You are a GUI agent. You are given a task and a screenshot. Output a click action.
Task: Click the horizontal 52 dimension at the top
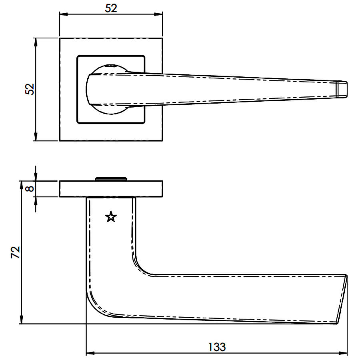click(111, 8)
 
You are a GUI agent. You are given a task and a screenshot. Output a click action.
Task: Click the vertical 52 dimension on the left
click(30, 89)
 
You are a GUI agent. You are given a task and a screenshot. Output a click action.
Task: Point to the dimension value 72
click(16, 252)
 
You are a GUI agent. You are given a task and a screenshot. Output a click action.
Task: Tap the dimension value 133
click(217, 347)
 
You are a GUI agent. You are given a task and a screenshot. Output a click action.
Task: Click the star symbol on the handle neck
click(111, 217)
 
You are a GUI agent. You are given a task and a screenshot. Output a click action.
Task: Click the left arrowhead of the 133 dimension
click(90, 353)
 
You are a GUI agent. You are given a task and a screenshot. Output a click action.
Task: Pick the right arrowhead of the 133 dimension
click(342, 353)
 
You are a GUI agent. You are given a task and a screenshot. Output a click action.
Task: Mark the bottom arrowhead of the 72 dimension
click(21, 319)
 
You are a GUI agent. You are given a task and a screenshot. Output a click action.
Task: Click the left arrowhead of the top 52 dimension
click(64, 14)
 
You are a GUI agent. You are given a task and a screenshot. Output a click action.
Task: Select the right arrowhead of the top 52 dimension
click(158, 14)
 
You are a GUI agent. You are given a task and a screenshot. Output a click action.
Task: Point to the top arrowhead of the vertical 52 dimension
click(35, 42)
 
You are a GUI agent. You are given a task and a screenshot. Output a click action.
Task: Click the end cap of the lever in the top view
click(342, 89)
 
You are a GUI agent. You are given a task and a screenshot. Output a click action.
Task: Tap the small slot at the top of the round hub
click(111, 66)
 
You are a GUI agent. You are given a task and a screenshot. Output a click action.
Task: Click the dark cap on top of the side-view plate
click(111, 179)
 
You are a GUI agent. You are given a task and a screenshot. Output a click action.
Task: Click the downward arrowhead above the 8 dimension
click(36, 176)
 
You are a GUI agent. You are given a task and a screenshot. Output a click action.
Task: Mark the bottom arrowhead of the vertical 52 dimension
click(35, 136)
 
